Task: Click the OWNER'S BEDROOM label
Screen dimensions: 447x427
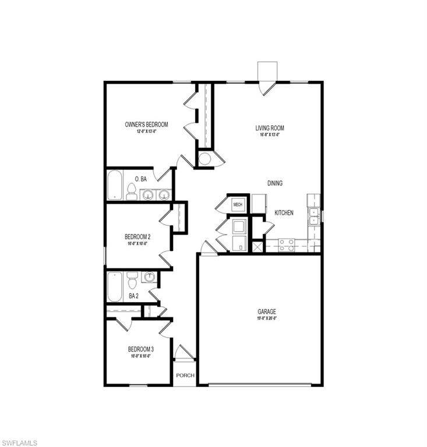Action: click(146, 125)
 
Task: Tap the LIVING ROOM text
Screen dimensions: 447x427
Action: click(270, 128)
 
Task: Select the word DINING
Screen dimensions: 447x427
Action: click(275, 183)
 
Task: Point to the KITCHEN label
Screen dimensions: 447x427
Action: click(284, 213)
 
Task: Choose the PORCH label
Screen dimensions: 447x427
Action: click(185, 375)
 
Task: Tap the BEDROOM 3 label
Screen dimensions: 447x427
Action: click(141, 349)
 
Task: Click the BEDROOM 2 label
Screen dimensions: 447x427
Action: click(137, 237)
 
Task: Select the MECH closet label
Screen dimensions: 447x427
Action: click(238, 204)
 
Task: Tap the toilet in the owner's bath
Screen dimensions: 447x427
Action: click(132, 191)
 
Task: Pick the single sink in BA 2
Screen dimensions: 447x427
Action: click(150, 277)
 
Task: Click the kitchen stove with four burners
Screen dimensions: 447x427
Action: click(286, 245)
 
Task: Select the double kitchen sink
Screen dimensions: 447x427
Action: click(314, 217)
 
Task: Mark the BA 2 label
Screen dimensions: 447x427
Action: click(133, 296)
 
